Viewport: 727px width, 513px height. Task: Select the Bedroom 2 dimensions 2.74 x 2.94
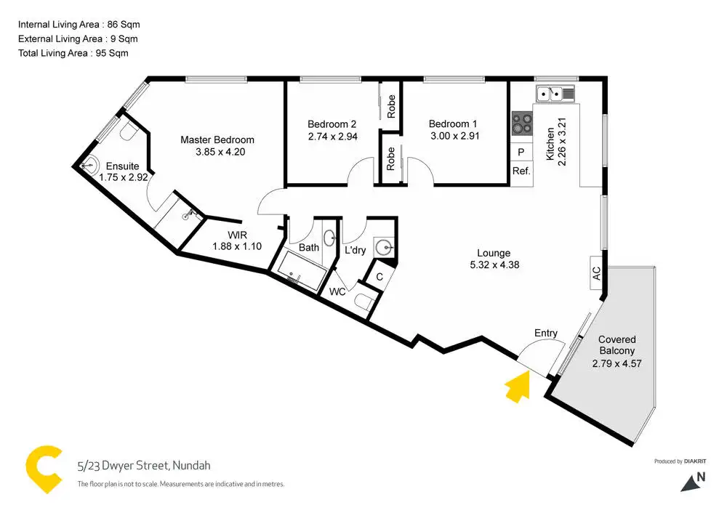333,136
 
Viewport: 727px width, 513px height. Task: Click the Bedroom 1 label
453,124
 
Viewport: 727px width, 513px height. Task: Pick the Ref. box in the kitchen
521,171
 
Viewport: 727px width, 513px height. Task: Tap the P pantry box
521,153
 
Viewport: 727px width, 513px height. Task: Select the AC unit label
596,274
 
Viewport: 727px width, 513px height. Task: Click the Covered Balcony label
616,345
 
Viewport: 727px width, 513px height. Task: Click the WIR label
237,235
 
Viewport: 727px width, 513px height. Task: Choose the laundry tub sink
385,247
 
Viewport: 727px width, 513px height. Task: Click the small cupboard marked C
379,277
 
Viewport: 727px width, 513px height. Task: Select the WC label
337,291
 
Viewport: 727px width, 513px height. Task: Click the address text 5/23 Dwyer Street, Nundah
144,466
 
